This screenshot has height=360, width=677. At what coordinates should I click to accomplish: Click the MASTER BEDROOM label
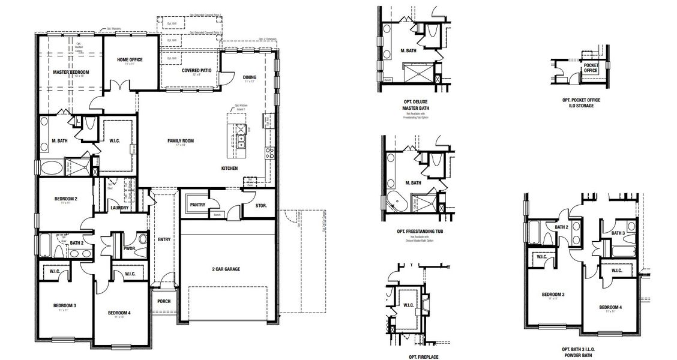coord(71,72)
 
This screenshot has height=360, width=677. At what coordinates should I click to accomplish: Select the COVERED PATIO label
coord(196,70)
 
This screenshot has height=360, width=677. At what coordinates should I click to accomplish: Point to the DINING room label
coord(250,77)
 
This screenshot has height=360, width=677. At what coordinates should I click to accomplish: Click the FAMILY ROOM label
coord(181,141)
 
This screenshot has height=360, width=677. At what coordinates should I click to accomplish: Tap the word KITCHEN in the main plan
coord(230,168)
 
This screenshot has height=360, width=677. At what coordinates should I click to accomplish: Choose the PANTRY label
coord(197,205)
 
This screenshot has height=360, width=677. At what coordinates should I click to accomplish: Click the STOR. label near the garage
coord(261,206)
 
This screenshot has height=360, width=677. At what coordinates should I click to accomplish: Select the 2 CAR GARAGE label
coord(226,269)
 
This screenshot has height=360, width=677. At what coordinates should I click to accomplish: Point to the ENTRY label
coord(164,239)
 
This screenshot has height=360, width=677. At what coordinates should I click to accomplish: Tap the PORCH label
coord(164,301)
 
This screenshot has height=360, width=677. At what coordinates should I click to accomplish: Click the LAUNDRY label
coord(120,208)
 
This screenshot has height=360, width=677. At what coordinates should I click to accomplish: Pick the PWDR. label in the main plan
coord(129,247)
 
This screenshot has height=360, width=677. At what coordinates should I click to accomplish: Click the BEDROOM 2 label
coord(65,199)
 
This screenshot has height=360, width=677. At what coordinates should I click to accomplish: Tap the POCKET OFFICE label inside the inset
coord(591,68)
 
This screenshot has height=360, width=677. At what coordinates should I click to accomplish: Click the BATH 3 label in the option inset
coord(619,233)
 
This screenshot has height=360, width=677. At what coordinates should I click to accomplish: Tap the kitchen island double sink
coord(241,142)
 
